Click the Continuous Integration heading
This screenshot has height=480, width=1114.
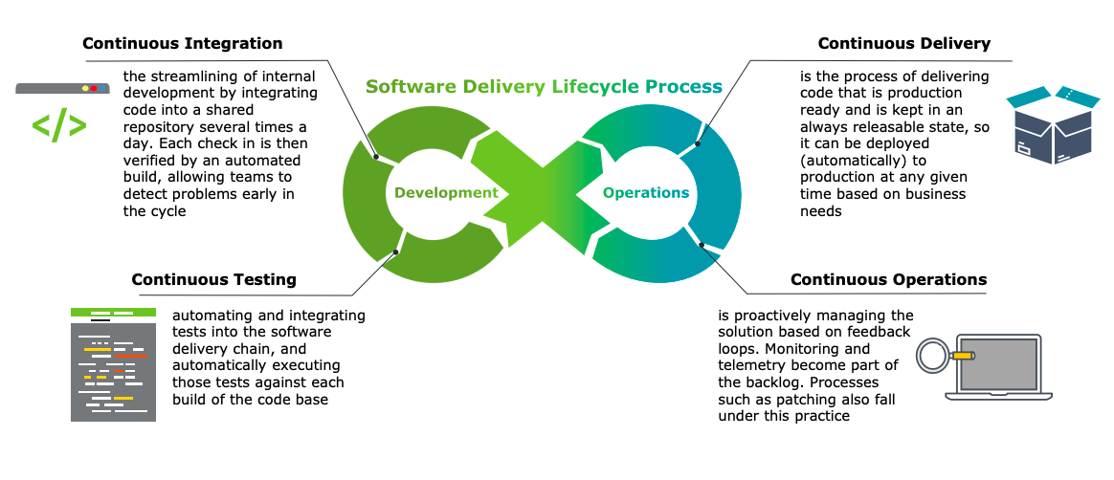click(182, 44)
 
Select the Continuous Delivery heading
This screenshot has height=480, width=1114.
click(903, 44)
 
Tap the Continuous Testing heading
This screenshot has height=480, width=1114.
click(213, 280)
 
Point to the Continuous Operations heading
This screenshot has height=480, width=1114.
click(888, 280)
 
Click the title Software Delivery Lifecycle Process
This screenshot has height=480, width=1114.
click(544, 87)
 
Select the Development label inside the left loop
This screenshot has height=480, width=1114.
click(446, 192)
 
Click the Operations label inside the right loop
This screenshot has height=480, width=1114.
click(646, 192)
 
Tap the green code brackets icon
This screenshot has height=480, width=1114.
click(59, 125)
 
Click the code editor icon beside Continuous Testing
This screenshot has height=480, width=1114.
click(113, 364)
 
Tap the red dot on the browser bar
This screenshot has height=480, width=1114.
click(94, 89)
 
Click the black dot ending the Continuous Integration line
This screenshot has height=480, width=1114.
click(376, 156)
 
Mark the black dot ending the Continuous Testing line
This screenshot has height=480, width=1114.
click(396, 252)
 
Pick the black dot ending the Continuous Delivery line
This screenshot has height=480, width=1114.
click(698, 144)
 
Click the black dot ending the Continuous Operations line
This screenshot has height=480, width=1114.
click(702, 246)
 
